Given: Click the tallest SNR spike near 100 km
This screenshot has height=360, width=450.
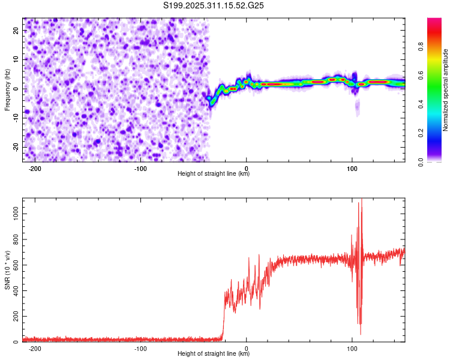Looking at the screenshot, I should (x=361, y=200).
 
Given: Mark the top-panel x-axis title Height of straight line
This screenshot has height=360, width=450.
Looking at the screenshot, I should (x=214, y=174).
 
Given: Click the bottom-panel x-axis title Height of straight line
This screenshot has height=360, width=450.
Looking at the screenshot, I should (x=214, y=354).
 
